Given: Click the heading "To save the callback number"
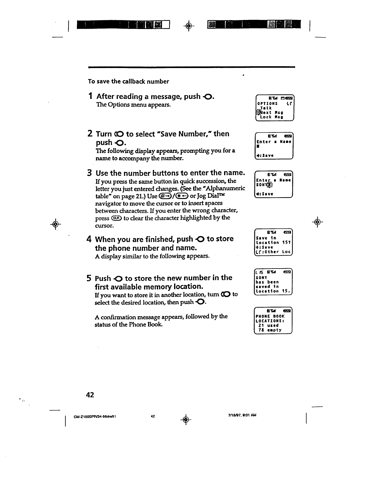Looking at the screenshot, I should (x=128, y=81).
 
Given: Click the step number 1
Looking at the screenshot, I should (x=90, y=96).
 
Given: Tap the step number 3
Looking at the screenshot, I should (x=89, y=173).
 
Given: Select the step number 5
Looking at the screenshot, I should (x=89, y=278).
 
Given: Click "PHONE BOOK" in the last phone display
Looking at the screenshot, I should (x=270, y=316).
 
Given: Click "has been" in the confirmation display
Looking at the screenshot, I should (x=267, y=282).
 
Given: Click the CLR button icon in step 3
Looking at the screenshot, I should (x=117, y=218).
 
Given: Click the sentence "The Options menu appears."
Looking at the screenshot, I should (x=133, y=105).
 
